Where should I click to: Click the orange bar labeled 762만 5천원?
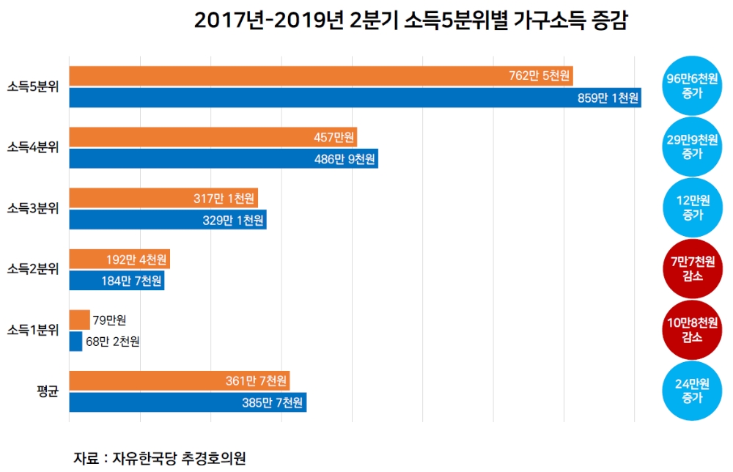[x=320, y=76]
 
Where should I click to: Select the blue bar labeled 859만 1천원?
[x=355, y=97]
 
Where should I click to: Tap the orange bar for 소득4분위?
[x=213, y=137]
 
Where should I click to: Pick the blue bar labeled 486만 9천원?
[x=224, y=158]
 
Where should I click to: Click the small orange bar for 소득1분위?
[x=79, y=320]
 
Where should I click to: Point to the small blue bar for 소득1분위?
[x=75, y=342]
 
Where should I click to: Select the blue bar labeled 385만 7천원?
[x=188, y=402]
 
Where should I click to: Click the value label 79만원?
[x=110, y=320]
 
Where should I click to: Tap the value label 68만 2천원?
[x=112, y=342]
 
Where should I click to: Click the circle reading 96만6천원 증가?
[x=692, y=86]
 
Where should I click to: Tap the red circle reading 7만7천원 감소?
[x=692, y=269]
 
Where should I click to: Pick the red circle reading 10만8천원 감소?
[x=692, y=330]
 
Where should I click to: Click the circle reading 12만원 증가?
[x=692, y=208]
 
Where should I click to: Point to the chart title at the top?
[x=410, y=21]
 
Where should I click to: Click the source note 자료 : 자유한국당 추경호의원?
[x=159, y=458]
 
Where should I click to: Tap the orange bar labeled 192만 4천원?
[x=119, y=259]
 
